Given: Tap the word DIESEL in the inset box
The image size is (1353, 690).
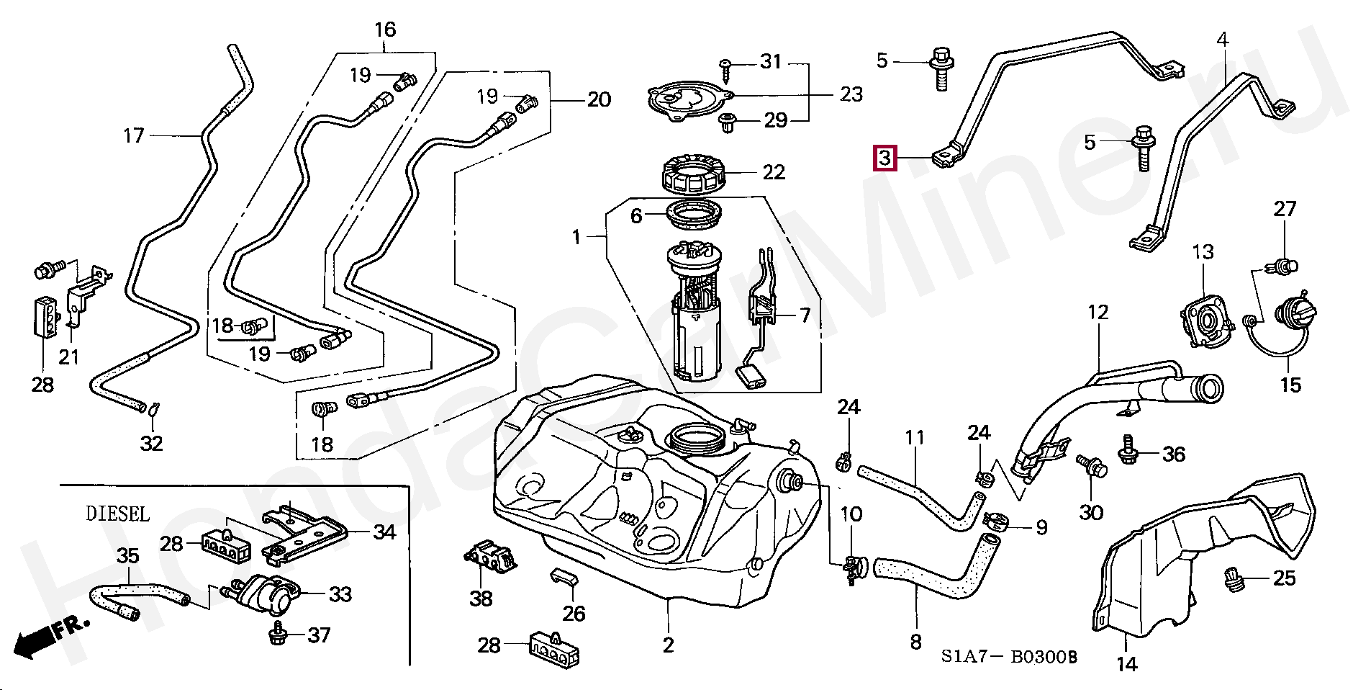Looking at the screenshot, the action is (118, 514).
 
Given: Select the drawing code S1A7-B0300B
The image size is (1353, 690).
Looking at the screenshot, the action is (1009, 657).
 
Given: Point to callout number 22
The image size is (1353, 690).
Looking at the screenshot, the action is (774, 172).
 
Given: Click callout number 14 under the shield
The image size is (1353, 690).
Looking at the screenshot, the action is (1126, 664).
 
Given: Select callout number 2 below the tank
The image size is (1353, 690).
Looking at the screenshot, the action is (668, 645).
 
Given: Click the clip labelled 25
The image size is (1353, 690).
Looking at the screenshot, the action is (1234, 578).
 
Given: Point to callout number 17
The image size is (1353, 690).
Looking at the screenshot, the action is (134, 135).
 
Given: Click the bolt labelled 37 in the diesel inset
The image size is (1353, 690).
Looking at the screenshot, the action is (276, 634).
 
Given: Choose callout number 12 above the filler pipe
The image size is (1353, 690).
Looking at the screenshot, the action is (1098, 313).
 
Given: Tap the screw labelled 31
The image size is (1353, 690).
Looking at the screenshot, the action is (726, 70).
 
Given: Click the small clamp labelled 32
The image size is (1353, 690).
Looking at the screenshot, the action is (153, 410).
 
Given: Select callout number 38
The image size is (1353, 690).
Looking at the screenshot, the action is (481, 598).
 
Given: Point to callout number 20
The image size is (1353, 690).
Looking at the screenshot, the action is (599, 99).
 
